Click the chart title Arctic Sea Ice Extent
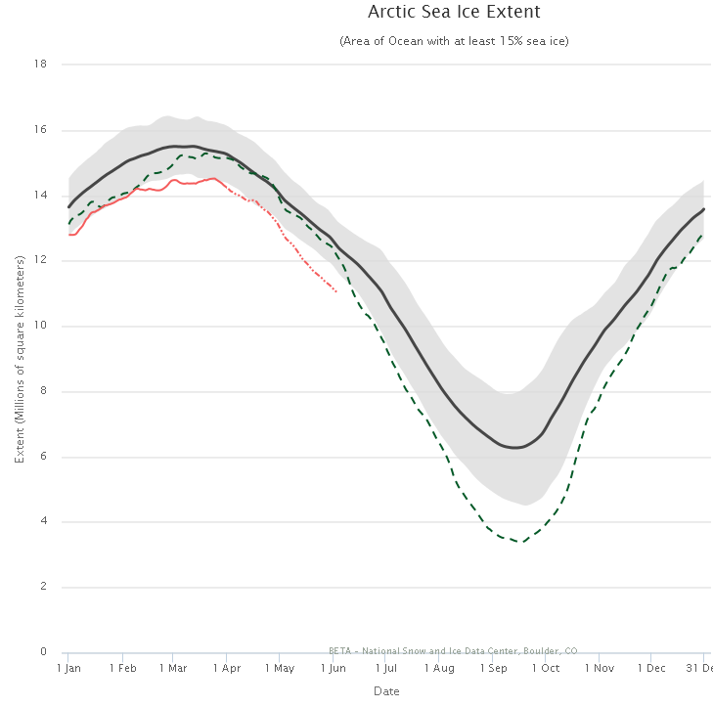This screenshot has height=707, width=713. coord(454,13)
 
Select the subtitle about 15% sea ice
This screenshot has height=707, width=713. coord(454,41)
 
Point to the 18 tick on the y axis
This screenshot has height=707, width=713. coord(41,65)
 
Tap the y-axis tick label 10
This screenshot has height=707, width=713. coord(41,326)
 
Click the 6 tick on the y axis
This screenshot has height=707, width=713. coord(44,457)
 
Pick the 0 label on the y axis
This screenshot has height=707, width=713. coord(44,652)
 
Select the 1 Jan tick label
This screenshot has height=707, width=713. coord(68,668)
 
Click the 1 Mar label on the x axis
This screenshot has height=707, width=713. coord(173,668)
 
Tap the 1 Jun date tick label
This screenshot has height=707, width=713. coord(334,668)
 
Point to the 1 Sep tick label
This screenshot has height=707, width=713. coord(493,668)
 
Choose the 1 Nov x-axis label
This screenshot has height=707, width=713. coord(599,668)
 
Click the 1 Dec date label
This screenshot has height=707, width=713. coord(650,668)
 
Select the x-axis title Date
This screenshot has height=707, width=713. coord(386,691)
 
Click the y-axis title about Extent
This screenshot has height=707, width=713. coord(20,358)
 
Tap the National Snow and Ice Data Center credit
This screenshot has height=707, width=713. coord(453,649)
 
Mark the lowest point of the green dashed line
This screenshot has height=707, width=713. coord(522,541)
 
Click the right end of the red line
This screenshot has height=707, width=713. coord(337,291)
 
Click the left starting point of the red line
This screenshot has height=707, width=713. coord(68,235)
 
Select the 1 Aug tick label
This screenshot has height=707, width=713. coord(440,668)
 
